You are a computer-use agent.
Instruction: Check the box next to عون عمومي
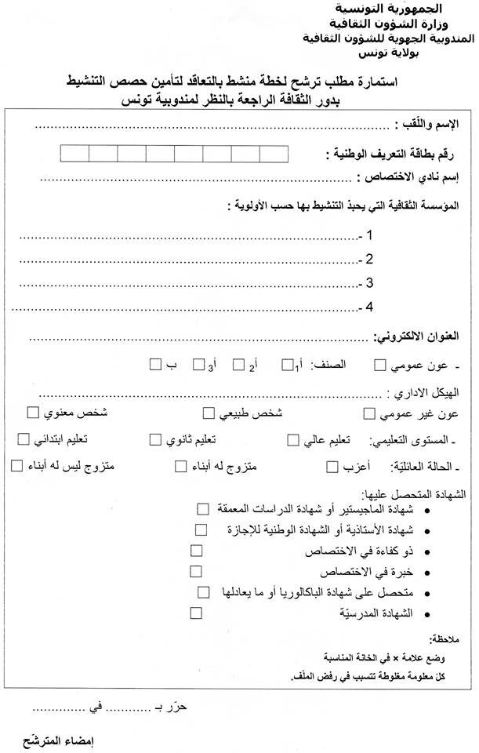tap(380, 365)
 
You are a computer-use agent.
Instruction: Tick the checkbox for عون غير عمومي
tap(370, 413)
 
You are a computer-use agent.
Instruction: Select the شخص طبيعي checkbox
tap(209, 413)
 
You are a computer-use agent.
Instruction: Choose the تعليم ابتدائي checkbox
tap(24, 438)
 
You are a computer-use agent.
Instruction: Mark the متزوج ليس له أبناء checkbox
tap(17, 467)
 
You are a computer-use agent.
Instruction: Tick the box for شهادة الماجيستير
tap(204, 510)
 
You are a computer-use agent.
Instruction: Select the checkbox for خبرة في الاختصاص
tap(196, 572)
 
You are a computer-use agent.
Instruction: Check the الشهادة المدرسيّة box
tap(196, 613)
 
